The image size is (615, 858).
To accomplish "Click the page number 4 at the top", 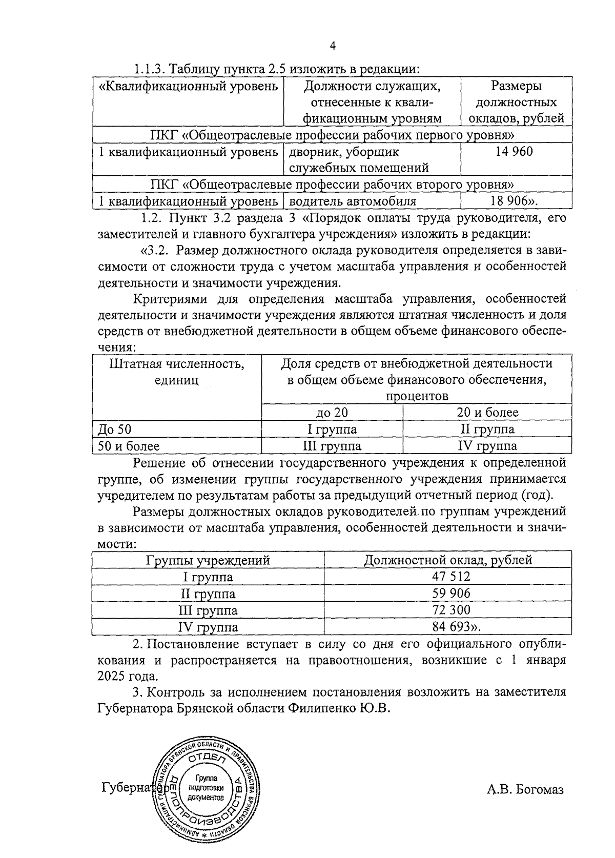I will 333,47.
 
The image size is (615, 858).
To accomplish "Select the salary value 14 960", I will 514,152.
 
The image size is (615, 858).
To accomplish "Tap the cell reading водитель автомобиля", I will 352,201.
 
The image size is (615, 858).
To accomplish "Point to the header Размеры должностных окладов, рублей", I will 516,102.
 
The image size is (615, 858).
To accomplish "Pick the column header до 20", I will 332,413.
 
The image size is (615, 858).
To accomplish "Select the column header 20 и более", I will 487,413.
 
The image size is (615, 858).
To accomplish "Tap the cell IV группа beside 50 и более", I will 487,446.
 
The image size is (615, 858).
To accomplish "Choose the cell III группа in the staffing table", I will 332,446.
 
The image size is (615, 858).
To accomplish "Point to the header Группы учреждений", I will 208,560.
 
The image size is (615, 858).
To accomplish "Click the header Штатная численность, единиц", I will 176,372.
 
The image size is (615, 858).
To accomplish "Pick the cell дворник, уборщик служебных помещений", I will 359,159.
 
